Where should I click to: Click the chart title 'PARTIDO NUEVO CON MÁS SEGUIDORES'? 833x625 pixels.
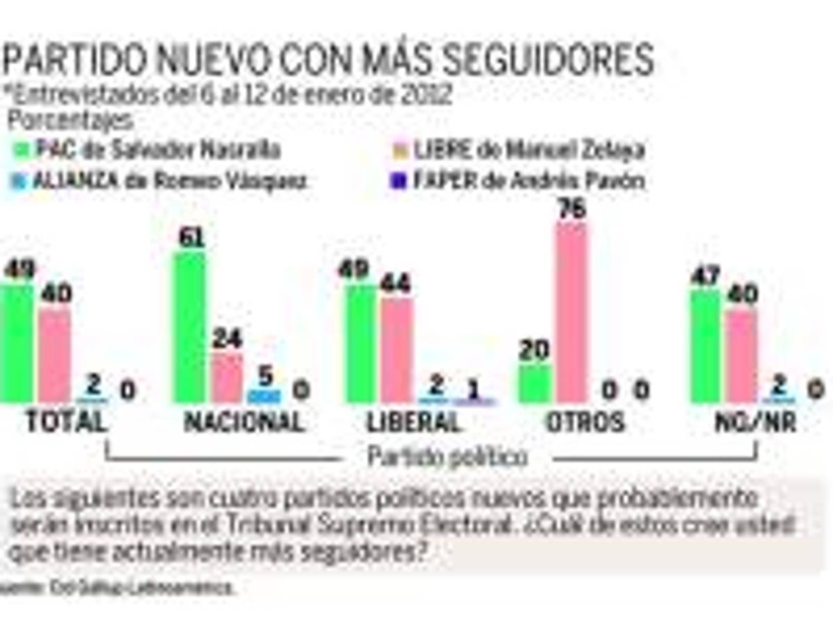coord(328,60)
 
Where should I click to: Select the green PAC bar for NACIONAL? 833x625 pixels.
coord(190,326)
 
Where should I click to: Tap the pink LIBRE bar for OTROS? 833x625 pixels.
coord(571,312)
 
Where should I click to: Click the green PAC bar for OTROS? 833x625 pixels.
coord(535,383)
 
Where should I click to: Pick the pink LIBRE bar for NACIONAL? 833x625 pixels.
coord(227,378)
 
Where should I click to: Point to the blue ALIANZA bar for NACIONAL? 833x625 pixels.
coord(264,396)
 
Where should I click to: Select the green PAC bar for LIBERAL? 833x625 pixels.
coord(361,343)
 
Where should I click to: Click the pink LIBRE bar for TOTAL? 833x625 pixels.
coord(54,355)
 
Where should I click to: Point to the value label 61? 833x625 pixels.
coord(190,237)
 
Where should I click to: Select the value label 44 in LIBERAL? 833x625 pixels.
coord(396,284)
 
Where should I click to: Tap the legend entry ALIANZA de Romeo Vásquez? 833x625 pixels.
coord(160,181)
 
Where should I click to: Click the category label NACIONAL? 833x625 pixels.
coord(244,422)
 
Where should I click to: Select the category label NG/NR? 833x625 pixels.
coord(755,422)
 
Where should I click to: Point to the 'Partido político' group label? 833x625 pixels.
coord(447,457)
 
